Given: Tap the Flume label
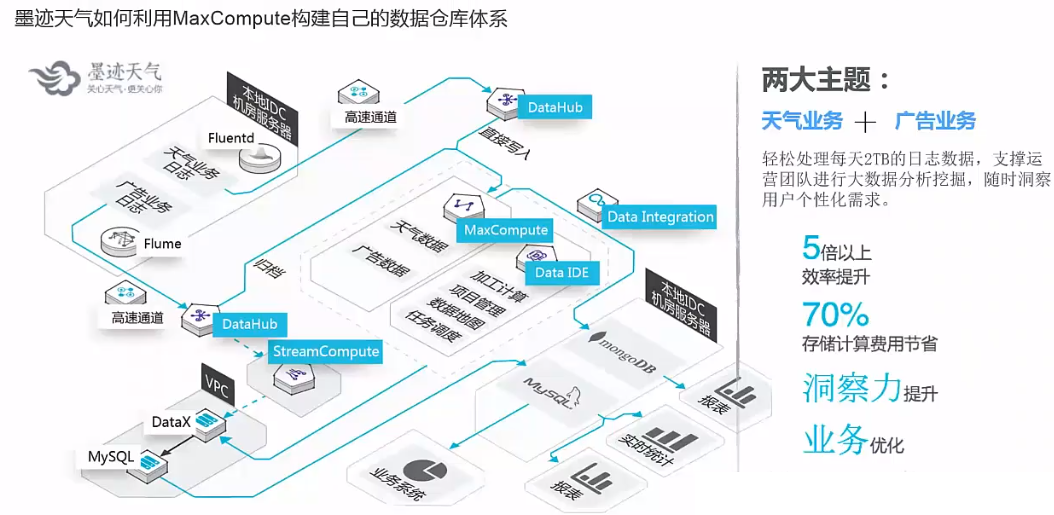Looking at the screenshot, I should pyautogui.click(x=162, y=243).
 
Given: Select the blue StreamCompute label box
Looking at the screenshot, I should pyautogui.click(x=326, y=351).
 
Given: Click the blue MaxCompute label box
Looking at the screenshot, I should pyautogui.click(x=506, y=230).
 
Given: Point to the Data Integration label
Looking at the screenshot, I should pyautogui.click(x=660, y=216).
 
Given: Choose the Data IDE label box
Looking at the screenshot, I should pyautogui.click(x=561, y=272).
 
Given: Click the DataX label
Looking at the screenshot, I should pyautogui.click(x=171, y=422).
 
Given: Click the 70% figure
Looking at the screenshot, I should pyautogui.click(x=835, y=315).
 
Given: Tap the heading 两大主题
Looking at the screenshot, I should pyautogui.click(x=826, y=79).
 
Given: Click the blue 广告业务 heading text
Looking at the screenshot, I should pyautogui.click(x=935, y=121).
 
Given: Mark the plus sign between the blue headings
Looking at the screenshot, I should pyautogui.click(x=865, y=122).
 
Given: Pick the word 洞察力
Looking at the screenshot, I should pyautogui.click(x=851, y=388).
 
